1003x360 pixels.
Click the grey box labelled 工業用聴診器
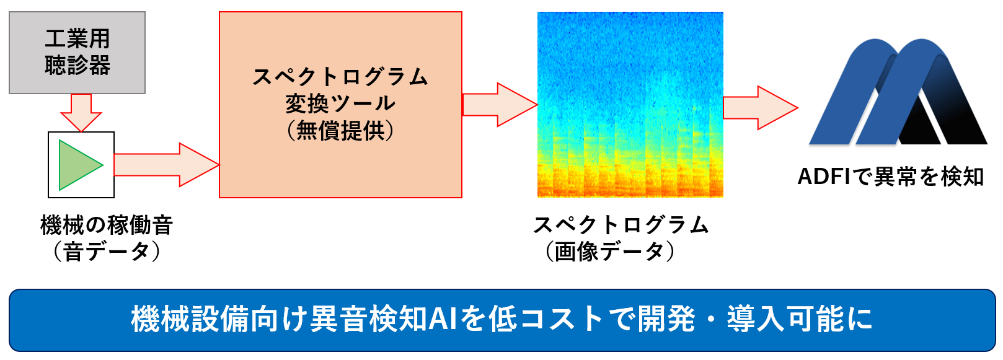click(x=77, y=53)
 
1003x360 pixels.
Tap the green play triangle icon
click(x=81, y=165)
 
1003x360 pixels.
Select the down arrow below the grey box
click(x=81, y=113)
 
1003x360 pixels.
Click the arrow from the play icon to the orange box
click(x=167, y=165)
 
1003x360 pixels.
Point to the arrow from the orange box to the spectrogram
click(x=500, y=105)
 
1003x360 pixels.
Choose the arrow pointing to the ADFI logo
click(x=761, y=108)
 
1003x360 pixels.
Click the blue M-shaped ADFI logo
click(x=898, y=92)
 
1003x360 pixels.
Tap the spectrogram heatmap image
click(x=630, y=104)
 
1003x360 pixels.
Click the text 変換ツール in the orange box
click(x=340, y=103)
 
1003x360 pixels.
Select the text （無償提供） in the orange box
click(x=340, y=131)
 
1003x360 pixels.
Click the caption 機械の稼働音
click(x=107, y=225)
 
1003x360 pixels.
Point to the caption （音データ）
click(x=107, y=251)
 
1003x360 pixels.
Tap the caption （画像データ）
click(x=610, y=251)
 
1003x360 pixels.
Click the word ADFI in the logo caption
click(x=823, y=177)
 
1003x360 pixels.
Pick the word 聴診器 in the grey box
click(x=77, y=66)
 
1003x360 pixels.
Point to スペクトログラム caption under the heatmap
click(x=621, y=225)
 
